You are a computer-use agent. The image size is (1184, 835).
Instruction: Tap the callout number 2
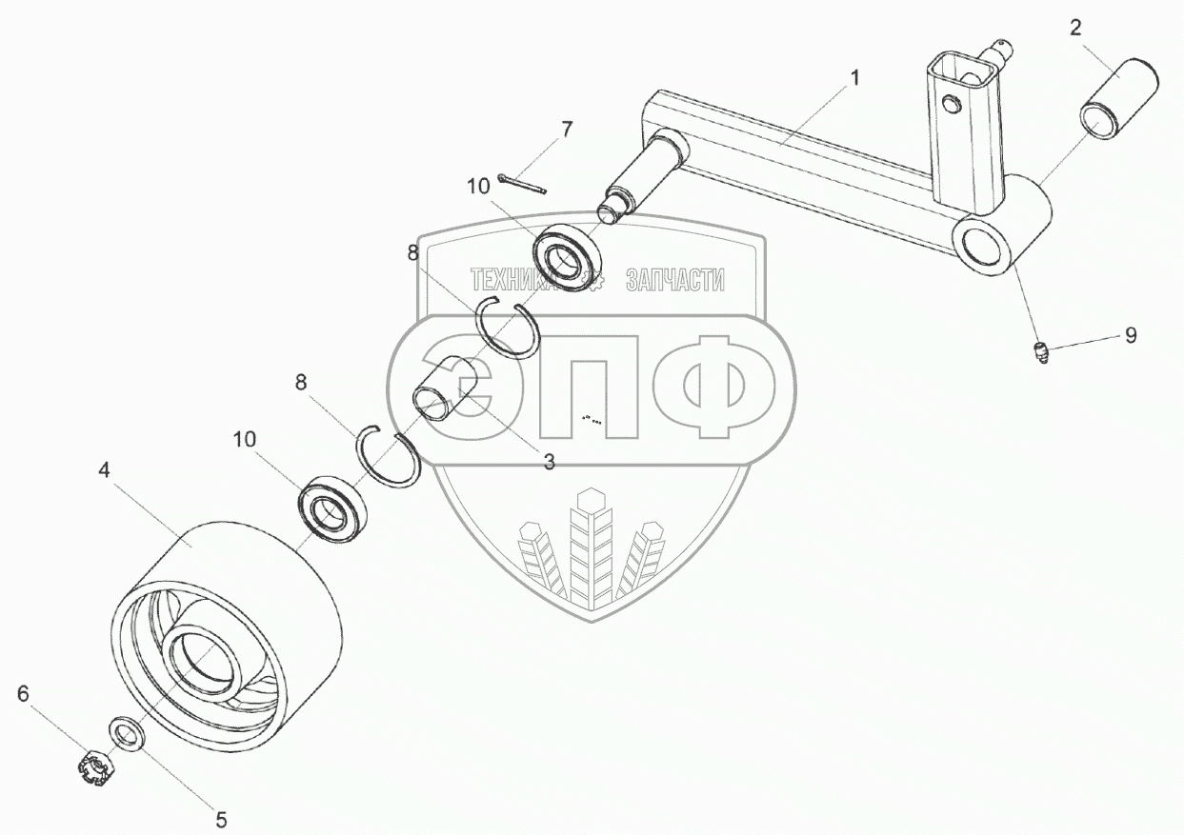click(1075, 28)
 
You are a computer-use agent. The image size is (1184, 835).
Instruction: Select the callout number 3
click(549, 463)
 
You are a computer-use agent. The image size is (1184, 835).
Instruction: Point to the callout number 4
click(105, 469)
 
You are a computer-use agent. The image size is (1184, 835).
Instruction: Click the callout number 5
click(220, 818)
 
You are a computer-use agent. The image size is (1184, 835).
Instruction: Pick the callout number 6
click(23, 693)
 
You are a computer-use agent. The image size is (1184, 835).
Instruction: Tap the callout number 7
click(567, 129)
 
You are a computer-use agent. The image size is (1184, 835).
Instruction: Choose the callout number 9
click(1130, 335)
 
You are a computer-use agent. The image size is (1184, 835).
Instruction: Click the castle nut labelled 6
click(95, 767)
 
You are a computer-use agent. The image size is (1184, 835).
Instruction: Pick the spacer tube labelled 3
click(444, 389)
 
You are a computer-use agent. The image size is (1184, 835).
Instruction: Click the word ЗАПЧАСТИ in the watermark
click(675, 279)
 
